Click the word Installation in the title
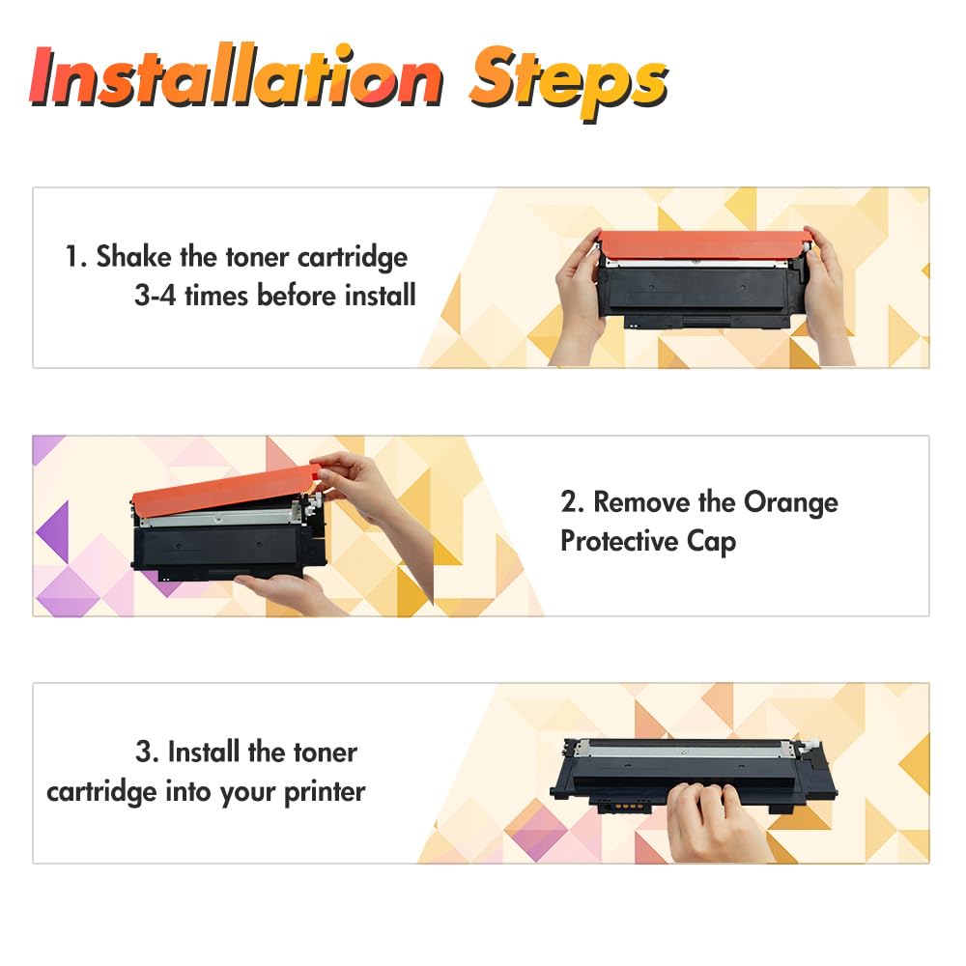point(236,77)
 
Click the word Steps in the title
point(569,82)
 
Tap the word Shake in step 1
point(133,256)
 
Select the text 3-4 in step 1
point(156,295)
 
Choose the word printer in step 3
point(325,793)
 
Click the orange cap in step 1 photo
point(703,244)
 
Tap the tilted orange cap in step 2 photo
point(225,488)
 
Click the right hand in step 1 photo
point(828,296)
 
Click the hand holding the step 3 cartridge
point(715,822)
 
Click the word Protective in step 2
point(619,542)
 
